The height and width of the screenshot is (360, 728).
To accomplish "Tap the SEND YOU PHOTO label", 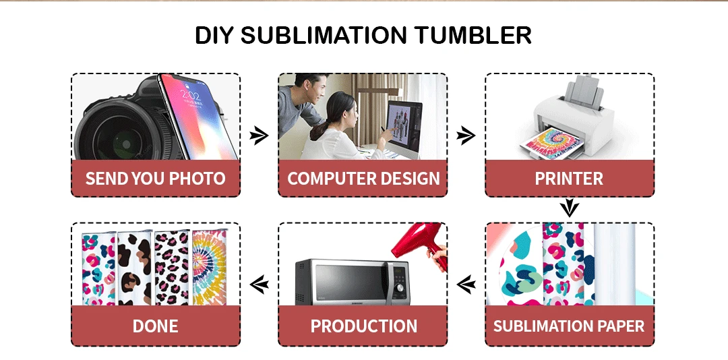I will [x=155, y=179].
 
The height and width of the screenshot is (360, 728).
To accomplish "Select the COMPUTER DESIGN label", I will [x=363, y=179].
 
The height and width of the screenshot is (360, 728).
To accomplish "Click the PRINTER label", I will [x=569, y=179].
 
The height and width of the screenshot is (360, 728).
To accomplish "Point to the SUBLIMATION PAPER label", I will [x=569, y=326].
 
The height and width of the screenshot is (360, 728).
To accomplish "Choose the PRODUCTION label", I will [x=363, y=326].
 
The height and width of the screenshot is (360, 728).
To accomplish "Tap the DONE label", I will [x=155, y=326].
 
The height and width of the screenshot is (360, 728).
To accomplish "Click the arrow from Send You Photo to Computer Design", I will [x=259, y=136].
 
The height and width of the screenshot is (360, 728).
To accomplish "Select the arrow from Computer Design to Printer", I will [x=466, y=136].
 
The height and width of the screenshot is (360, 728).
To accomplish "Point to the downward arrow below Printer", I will [x=570, y=208].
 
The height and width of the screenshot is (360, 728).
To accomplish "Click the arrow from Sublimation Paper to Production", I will [x=466, y=284].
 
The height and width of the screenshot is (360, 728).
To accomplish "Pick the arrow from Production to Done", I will [x=259, y=284].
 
